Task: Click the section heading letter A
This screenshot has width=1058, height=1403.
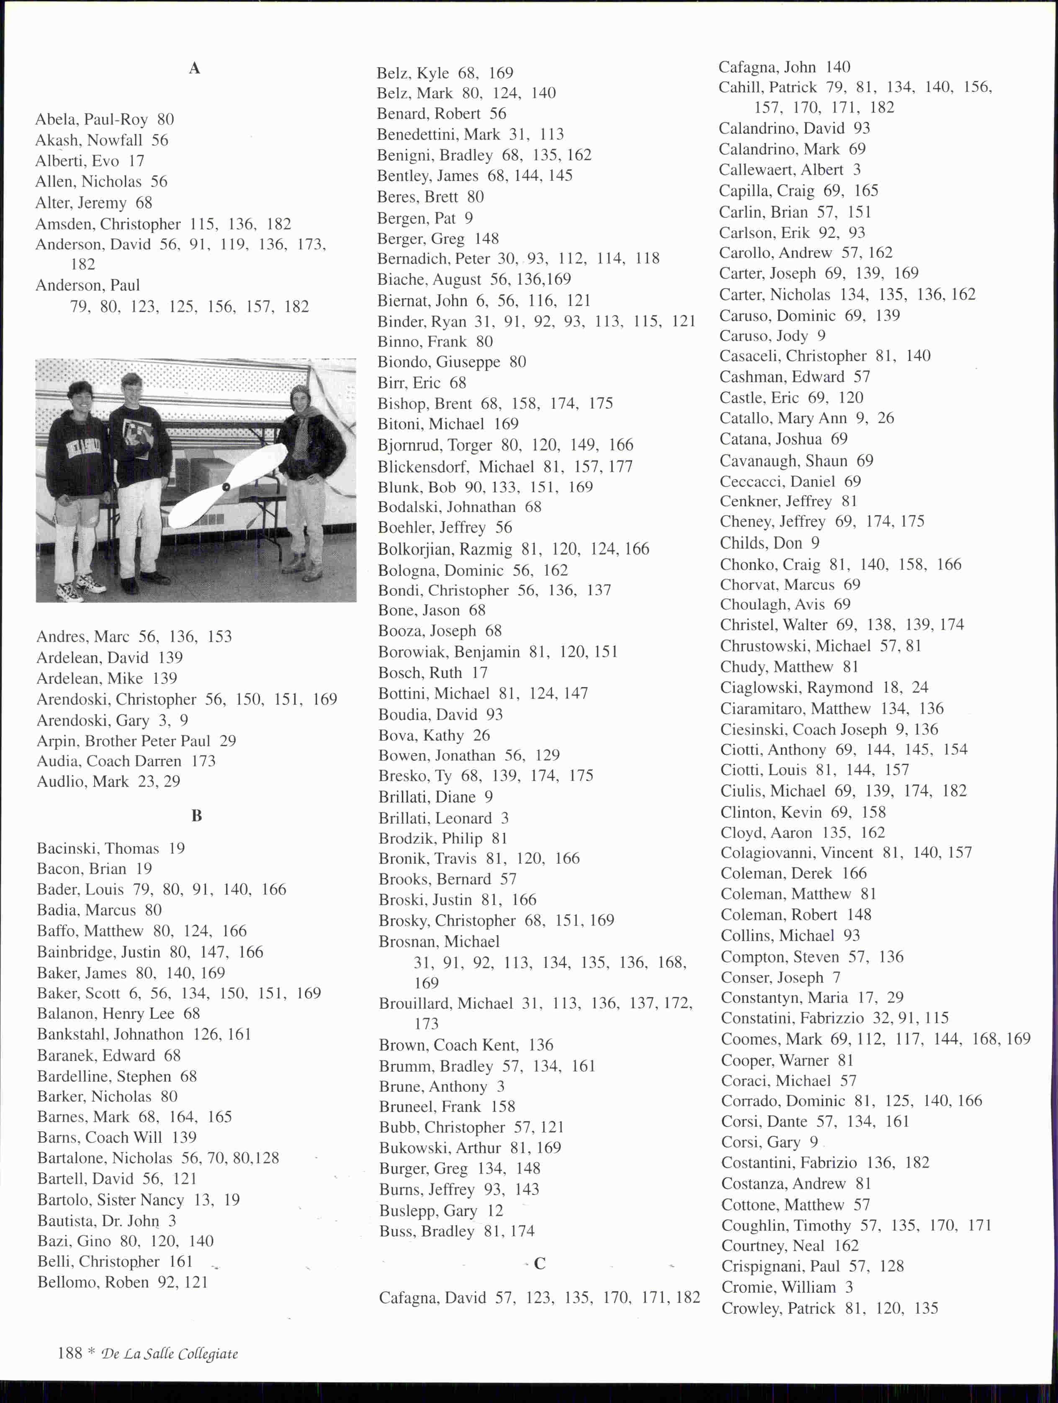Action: [x=195, y=69]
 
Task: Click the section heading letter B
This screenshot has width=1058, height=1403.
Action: [x=197, y=816]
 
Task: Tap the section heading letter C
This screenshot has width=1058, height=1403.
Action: [x=540, y=1264]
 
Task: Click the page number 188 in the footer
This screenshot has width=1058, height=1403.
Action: [x=70, y=1353]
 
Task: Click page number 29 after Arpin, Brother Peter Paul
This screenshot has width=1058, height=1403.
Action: [x=228, y=741]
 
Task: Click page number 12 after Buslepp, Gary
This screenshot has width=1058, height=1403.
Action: [x=495, y=1210]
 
